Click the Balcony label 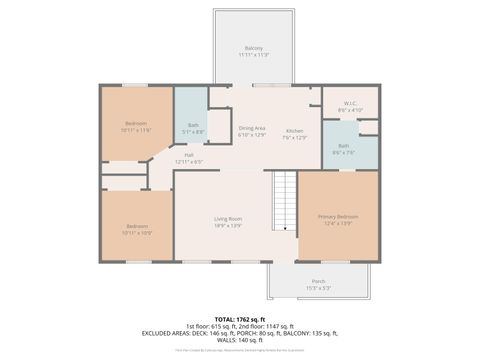coord(254,48)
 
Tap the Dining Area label coord(252,127)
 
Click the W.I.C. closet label coord(350,103)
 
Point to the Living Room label coord(228,218)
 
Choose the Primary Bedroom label coord(338,216)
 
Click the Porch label coord(318,281)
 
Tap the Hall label coord(188,154)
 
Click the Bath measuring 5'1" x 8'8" coord(192,125)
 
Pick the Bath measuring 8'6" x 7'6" coord(343,146)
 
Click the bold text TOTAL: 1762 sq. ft coord(240,318)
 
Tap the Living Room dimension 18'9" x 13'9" coord(228,226)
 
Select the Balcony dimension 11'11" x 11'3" coord(254,55)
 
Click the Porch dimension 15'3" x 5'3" coord(318,288)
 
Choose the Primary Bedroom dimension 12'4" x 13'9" coord(338,224)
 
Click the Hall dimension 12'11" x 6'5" coord(188,161)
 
